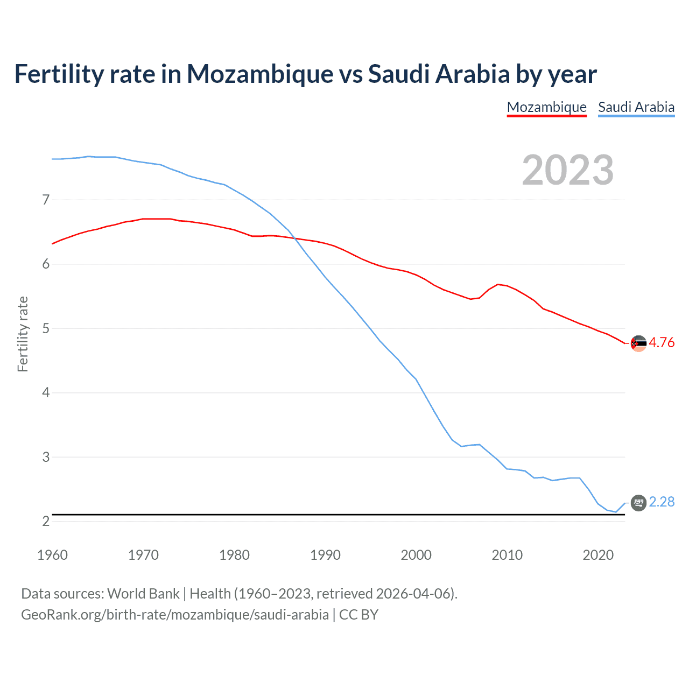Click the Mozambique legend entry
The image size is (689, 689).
(x=546, y=107)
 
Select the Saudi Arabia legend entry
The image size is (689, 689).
(x=636, y=107)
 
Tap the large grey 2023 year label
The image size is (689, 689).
(x=568, y=170)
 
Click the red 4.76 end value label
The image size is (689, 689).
(x=662, y=343)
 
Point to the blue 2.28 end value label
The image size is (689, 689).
(x=662, y=502)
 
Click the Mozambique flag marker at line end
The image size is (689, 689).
(x=638, y=343)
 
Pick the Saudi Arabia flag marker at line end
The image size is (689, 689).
(x=638, y=503)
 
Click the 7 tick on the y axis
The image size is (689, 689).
(x=46, y=200)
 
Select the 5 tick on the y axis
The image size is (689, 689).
(x=46, y=328)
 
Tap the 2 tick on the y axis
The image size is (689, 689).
(x=46, y=521)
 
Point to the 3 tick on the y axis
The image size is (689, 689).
(x=46, y=457)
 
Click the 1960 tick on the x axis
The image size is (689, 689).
(x=52, y=555)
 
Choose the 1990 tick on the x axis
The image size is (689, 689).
(x=325, y=555)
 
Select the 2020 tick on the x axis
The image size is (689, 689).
(x=598, y=555)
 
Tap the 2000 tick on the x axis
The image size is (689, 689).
(x=416, y=555)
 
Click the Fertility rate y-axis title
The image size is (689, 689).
(x=23, y=334)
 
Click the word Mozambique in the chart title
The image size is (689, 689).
(x=260, y=74)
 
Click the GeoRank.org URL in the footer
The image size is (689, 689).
(x=175, y=615)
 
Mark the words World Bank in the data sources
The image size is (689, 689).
(x=143, y=594)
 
